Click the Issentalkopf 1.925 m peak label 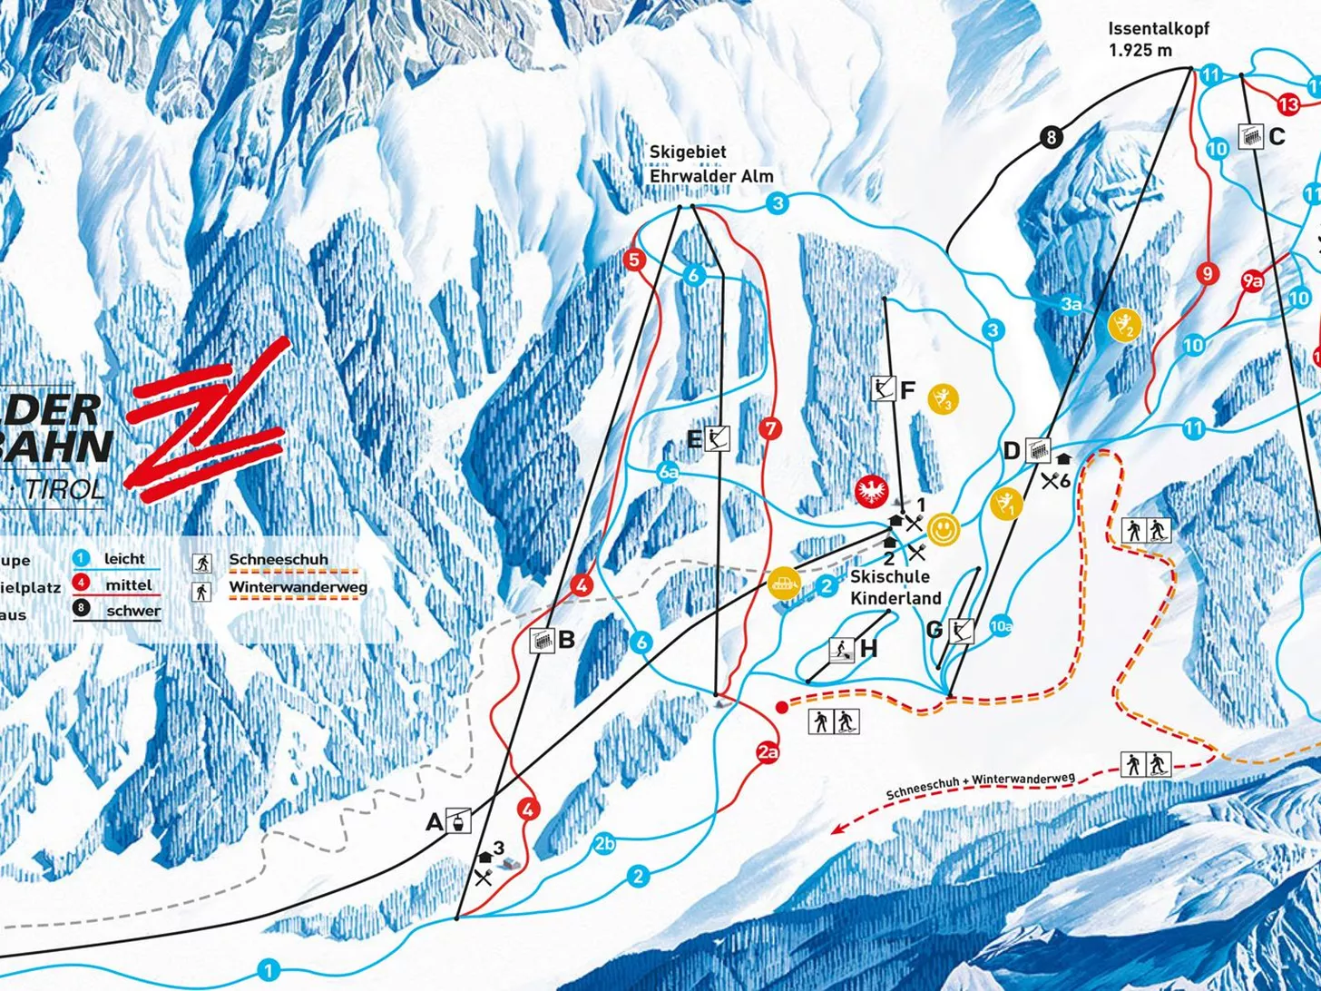pos(1158,40)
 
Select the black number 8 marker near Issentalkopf pos(1051,138)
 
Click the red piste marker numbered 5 pos(634,260)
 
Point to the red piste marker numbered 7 pos(770,429)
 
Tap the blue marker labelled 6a pos(669,472)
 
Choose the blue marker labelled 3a pos(1071,306)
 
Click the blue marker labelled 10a pos(1000,625)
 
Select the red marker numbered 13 pos(1287,103)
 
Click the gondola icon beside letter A pos(461,821)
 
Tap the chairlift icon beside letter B pos(542,640)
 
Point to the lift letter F pos(907,390)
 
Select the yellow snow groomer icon pos(783,584)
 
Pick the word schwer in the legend pos(132,611)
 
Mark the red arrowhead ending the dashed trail pos(839,828)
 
